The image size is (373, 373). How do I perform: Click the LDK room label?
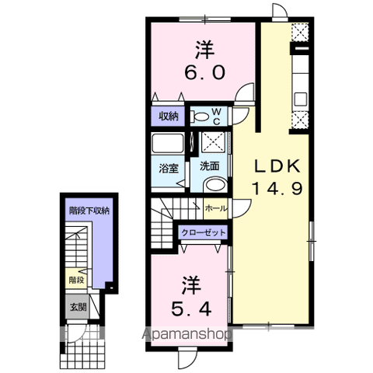[274, 167]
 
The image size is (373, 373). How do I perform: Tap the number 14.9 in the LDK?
[274, 187]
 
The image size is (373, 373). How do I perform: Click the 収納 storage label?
[169, 117]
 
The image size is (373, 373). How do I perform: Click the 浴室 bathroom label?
[169, 166]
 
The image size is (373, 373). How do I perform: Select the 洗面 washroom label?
[208, 166]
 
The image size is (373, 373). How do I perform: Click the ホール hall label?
[215, 208]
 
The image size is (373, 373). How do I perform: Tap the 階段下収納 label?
[89, 211]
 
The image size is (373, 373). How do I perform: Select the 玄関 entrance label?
[76, 306]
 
